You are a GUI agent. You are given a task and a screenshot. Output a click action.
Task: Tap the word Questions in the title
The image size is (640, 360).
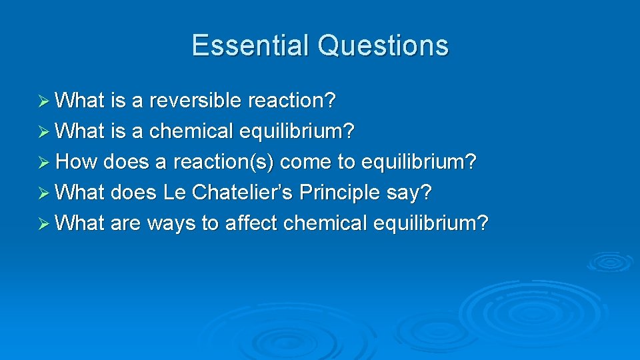(x=383, y=45)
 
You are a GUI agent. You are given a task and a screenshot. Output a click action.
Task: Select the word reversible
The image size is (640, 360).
(x=196, y=101)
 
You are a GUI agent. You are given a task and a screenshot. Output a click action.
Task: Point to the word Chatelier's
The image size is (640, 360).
(x=243, y=193)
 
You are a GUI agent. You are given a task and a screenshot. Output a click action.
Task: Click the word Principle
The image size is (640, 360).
(x=340, y=193)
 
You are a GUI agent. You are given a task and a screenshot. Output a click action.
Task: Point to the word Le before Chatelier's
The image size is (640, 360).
(x=175, y=193)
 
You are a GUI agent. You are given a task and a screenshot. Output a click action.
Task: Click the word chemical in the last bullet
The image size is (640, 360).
(x=325, y=223)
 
